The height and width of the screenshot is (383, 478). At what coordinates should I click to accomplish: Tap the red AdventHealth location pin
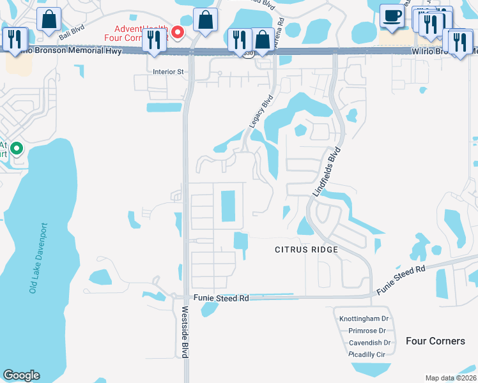pos(179,32)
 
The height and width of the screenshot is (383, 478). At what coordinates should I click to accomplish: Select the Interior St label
pos(168,72)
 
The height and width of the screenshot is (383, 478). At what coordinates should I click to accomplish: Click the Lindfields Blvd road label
pos(327,173)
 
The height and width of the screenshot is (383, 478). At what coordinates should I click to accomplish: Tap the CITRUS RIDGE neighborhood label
pos(306,250)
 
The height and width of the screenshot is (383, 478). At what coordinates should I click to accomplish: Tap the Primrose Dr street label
pos(367,331)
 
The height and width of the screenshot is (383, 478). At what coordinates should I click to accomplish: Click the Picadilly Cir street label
pos(367,354)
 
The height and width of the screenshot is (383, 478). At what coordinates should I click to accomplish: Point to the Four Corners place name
pos(435,341)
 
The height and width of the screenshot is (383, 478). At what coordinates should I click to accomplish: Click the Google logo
pos(21,375)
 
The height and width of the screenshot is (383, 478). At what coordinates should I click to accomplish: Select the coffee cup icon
pos(391,17)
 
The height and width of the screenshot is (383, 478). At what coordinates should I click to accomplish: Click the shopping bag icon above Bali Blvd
pos(49,19)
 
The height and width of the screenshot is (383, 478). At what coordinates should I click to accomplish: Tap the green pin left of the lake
pos(17,149)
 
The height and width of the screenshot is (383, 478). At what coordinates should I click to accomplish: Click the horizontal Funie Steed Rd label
pos(220,299)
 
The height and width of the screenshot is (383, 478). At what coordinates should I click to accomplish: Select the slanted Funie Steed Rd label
pos(401,280)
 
